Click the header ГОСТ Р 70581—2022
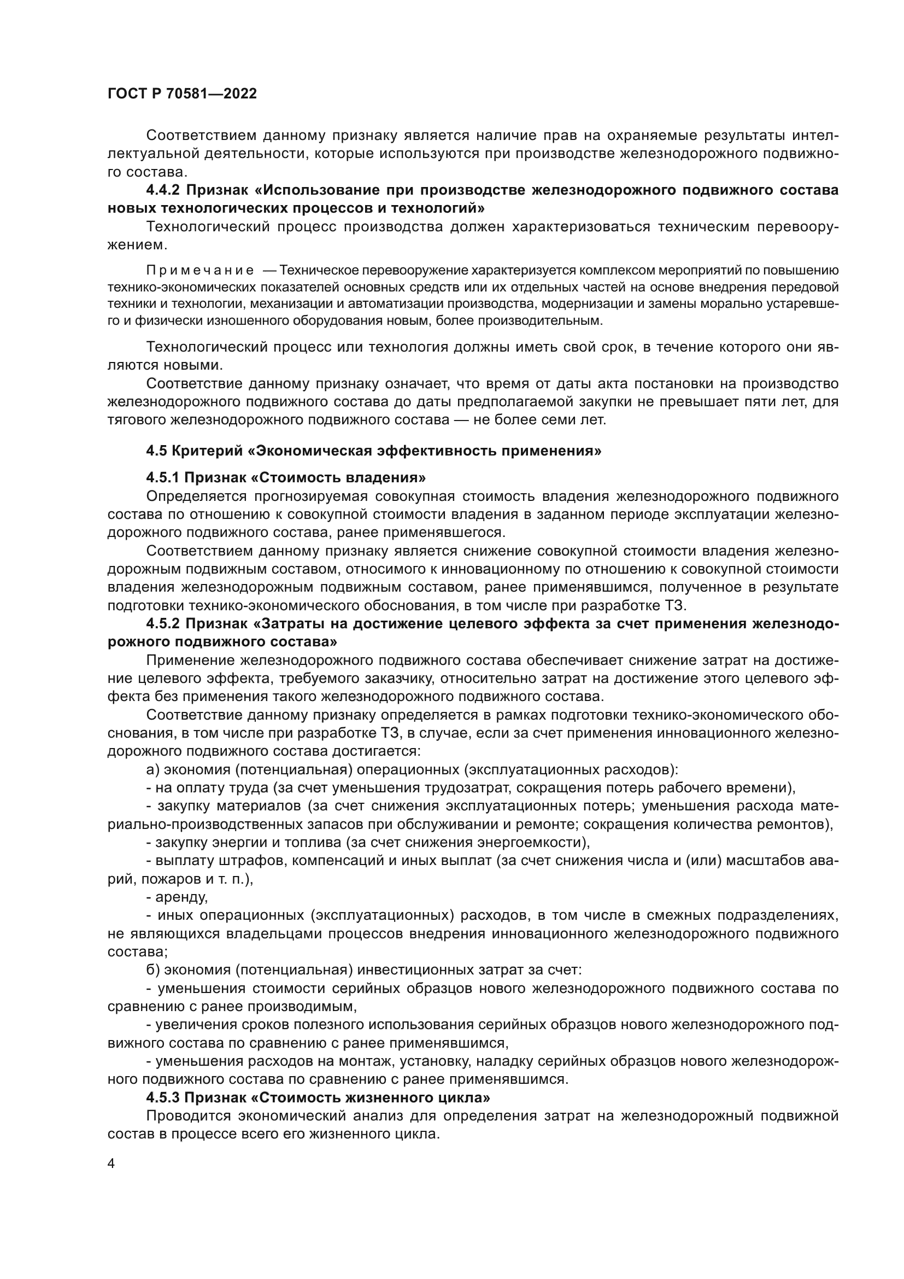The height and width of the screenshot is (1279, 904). coord(182,94)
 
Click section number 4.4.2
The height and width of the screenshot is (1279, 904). coord(163,190)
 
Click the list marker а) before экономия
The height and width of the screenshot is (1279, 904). coord(152,770)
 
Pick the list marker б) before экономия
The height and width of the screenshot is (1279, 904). coord(153,971)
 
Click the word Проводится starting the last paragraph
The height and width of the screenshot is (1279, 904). coord(187,1117)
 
